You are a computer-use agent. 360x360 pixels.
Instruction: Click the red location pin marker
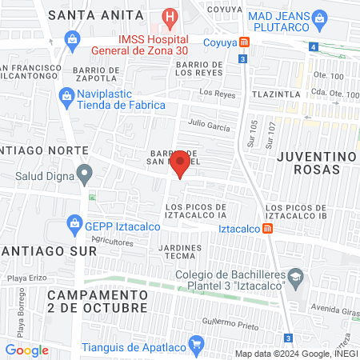click(x=180, y=164)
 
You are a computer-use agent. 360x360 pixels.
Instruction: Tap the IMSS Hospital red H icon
click(x=170, y=16)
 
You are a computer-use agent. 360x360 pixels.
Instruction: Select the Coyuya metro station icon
click(x=244, y=41)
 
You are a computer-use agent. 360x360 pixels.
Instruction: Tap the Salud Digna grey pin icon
click(x=84, y=172)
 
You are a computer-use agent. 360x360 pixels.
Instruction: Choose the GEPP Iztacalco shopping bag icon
click(x=74, y=222)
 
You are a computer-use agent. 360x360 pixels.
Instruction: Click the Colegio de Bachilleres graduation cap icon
click(x=295, y=278)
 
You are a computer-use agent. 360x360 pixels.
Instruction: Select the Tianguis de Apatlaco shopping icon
click(x=195, y=345)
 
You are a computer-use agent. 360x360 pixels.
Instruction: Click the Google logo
click(x=26, y=350)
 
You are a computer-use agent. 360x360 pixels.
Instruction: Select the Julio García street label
click(x=209, y=126)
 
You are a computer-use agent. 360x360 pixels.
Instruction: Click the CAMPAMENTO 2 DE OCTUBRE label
click(x=98, y=301)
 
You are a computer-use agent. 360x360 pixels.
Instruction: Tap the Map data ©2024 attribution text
click(x=297, y=353)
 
